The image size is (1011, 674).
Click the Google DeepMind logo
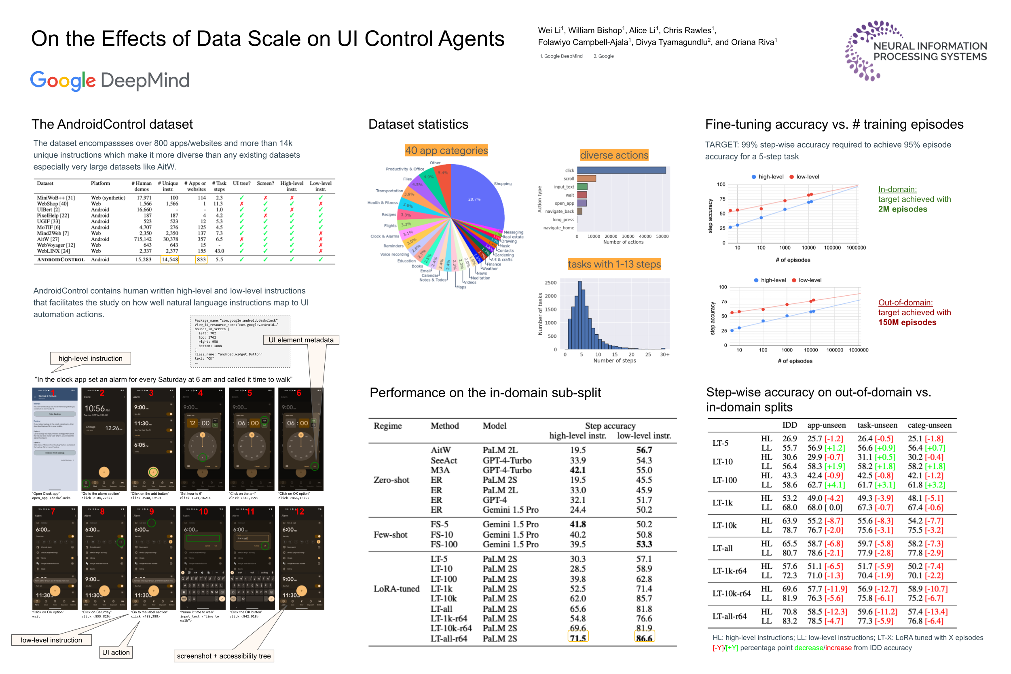110,81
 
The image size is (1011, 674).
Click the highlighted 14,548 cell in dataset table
169,260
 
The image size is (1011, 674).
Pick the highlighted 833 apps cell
201,260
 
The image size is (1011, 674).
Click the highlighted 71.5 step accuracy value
577,638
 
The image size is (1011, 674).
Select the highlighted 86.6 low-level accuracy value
644,638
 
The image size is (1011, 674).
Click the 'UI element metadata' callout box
301,340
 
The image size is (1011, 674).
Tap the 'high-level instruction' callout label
90,358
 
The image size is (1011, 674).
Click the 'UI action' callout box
116,652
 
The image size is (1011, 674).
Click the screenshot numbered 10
202,558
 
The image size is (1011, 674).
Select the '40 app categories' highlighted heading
446,150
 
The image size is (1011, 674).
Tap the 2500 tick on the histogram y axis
550,282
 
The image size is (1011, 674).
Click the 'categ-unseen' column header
929,425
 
